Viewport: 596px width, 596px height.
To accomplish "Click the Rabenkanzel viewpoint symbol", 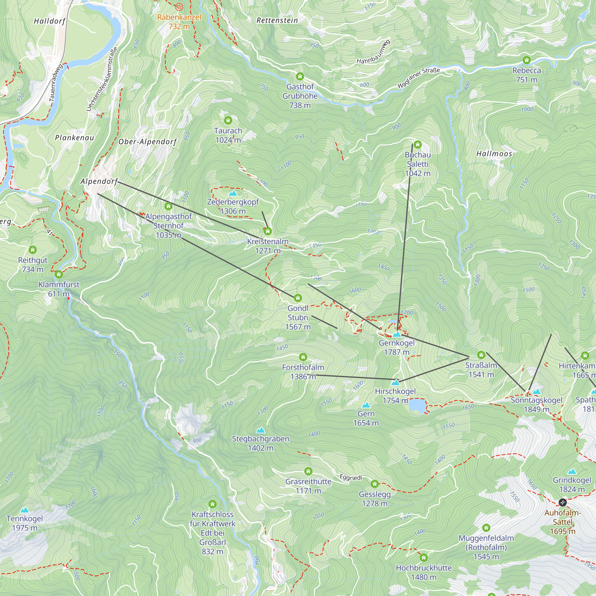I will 179,7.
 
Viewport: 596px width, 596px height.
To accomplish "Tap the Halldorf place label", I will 50,21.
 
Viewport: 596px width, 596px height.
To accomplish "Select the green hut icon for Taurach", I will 228,120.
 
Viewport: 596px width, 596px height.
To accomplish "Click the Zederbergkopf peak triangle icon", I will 233,193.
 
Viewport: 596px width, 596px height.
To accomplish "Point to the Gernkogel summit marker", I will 397,334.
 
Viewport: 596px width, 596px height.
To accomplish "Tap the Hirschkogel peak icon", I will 395,383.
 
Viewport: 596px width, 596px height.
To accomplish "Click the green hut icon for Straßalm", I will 481,355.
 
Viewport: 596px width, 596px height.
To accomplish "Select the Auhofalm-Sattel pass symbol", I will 562,502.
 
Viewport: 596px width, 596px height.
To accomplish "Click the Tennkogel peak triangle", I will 25,510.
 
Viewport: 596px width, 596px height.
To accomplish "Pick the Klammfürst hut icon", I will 59,274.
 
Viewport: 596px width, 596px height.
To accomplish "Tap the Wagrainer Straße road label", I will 418,78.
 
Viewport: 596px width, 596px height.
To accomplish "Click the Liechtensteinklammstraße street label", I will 102,79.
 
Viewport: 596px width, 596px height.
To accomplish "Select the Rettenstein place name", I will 277,20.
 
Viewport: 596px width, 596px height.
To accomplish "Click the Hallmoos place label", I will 494,154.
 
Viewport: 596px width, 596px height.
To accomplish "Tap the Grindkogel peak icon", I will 572,472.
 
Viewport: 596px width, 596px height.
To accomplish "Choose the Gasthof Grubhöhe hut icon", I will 300,76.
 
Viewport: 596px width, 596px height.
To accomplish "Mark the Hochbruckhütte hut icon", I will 423,558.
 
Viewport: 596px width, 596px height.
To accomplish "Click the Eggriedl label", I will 350,477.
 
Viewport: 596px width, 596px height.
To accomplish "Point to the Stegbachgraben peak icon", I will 261,430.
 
